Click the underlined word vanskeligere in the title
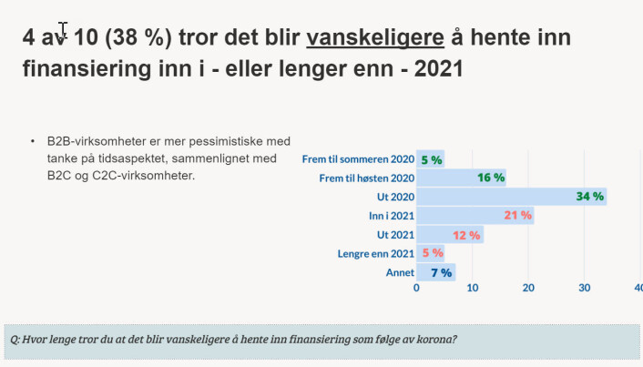click(375, 37)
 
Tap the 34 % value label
click(589, 197)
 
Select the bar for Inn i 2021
click(475, 215)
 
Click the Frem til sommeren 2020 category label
click(358, 159)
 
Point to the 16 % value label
click(491, 178)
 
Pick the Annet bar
click(435, 272)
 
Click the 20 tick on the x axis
click(528, 288)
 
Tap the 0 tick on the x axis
click(416, 288)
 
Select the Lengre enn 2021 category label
click(375, 254)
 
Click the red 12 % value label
click(466, 235)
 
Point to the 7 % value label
click(441, 272)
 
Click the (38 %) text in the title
click(138, 37)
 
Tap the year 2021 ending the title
click(439, 68)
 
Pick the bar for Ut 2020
click(511, 197)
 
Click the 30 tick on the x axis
click(585, 288)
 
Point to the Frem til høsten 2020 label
click(367, 178)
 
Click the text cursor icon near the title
click(63, 29)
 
